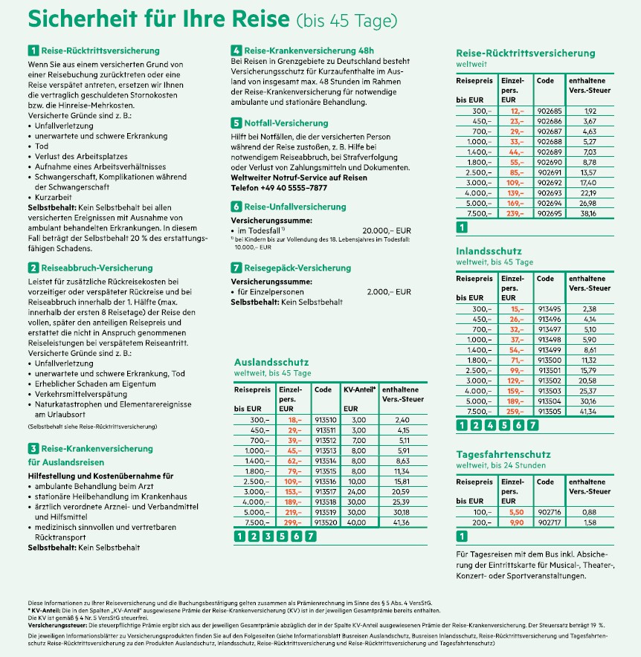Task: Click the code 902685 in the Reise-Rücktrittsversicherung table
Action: (548, 111)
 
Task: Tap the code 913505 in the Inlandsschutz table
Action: (548, 411)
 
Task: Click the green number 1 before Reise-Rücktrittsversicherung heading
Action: (33, 51)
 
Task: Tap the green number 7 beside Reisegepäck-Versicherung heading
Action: (236, 268)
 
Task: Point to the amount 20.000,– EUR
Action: (386, 231)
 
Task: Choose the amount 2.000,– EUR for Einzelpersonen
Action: (389, 293)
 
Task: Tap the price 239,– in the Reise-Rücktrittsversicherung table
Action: (512, 212)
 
